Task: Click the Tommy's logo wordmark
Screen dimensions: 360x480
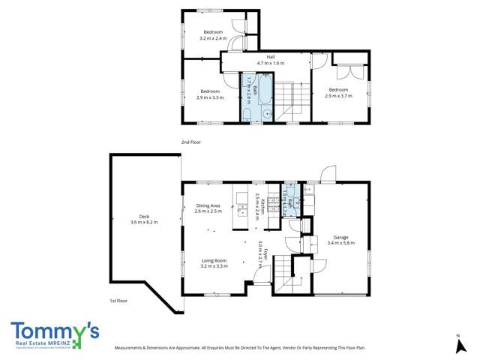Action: (55, 330)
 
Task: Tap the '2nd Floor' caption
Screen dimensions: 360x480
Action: (190, 142)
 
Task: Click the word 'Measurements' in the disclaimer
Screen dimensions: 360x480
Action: (130, 349)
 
